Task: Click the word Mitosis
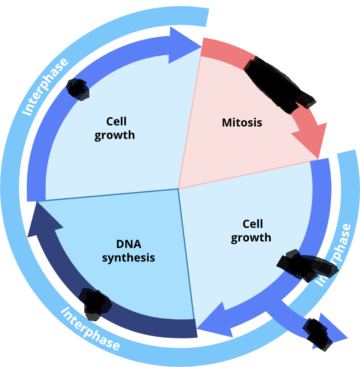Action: tap(242, 123)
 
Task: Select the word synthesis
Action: tap(128, 257)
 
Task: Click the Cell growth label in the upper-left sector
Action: tap(114, 128)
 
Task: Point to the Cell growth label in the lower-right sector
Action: tap(251, 230)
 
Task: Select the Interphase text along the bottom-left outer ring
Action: tap(91, 328)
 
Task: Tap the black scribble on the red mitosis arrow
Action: tap(277, 84)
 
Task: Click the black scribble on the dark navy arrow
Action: tap(96, 304)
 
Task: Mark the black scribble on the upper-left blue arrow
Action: tap(78, 89)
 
